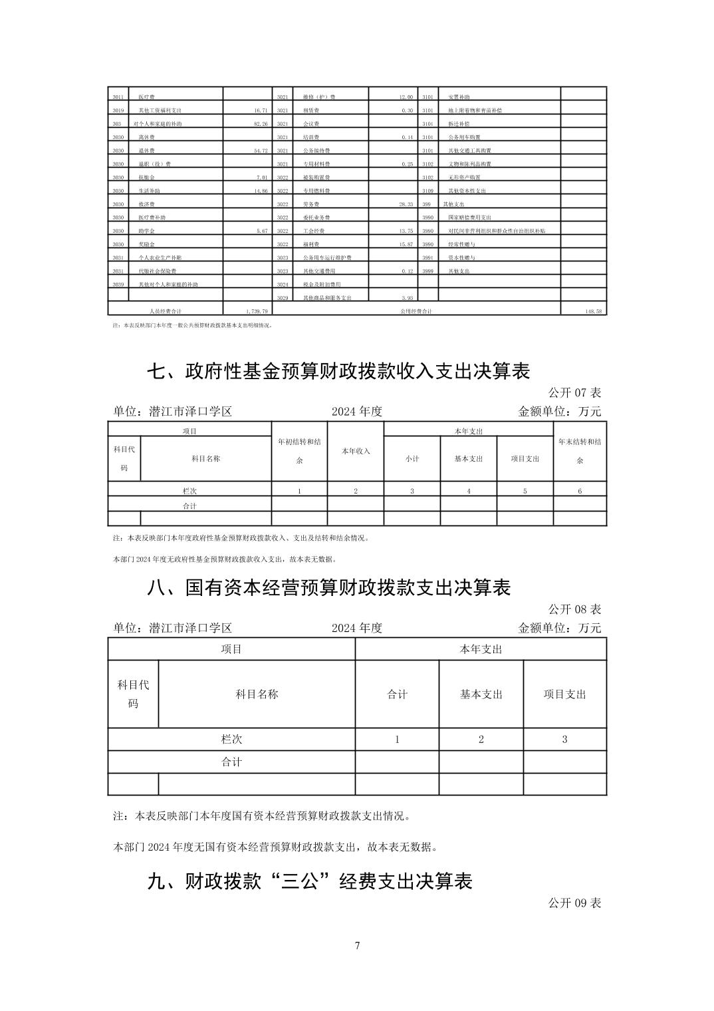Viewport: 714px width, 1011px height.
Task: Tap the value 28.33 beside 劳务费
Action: [x=406, y=204]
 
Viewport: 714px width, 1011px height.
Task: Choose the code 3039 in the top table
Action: [x=118, y=285]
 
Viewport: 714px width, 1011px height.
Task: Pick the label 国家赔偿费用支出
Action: [x=469, y=217]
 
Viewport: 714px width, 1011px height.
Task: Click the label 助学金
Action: [x=146, y=231]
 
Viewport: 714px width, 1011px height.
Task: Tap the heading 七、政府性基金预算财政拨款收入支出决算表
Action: [x=338, y=371]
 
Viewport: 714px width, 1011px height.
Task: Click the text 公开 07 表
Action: [x=574, y=393]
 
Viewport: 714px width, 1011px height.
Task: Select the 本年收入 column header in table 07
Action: [x=356, y=451]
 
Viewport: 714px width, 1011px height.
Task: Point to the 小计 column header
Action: [x=412, y=459]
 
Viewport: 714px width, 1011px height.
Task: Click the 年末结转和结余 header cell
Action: [x=580, y=450]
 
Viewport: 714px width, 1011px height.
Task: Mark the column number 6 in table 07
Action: [x=580, y=491]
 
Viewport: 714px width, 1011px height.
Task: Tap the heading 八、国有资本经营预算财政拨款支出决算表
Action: [x=329, y=588]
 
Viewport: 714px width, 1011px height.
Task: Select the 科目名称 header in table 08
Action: [x=257, y=694]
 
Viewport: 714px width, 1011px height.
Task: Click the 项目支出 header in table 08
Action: [x=564, y=694]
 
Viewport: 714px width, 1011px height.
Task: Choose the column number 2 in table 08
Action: [x=481, y=739]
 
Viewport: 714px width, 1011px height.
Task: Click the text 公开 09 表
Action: [x=574, y=903]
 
